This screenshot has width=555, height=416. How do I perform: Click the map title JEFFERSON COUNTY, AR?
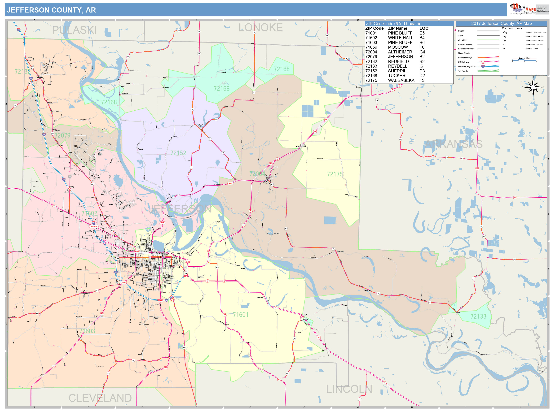pos(51,10)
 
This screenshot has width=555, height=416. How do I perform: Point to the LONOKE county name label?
pos(260,28)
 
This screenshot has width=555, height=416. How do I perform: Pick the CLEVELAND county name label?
pos(100,398)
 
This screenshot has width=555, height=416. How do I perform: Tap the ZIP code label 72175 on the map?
pos(335,174)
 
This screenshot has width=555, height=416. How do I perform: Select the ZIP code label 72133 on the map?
pos(478,316)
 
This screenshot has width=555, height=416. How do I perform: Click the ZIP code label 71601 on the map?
pos(240,315)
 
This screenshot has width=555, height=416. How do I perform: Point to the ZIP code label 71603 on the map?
pos(87,331)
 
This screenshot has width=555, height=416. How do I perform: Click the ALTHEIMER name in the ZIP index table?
pos(400,52)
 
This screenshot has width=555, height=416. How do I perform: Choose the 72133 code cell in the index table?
pos(371,66)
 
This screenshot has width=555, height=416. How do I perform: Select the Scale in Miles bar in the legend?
pos(524,60)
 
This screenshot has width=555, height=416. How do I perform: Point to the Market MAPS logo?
pos(523,9)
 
